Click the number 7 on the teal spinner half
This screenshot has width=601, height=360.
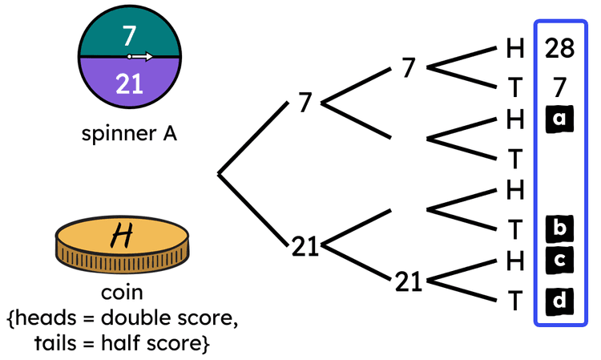(x=130, y=35)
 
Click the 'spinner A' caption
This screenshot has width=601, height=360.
(x=129, y=132)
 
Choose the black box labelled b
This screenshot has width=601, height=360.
(x=559, y=229)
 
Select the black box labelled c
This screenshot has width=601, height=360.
(x=559, y=261)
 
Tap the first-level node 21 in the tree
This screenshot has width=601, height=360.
(x=305, y=247)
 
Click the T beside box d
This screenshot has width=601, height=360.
(x=514, y=302)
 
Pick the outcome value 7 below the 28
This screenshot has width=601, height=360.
(x=559, y=85)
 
